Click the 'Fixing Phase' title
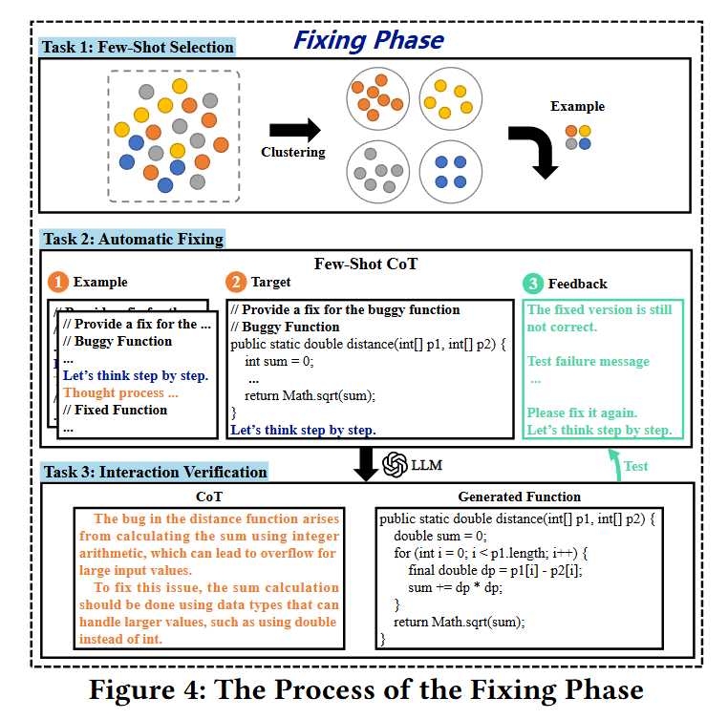[368, 40]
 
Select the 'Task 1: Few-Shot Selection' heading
[137, 47]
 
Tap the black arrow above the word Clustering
[294, 130]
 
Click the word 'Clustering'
[293, 152]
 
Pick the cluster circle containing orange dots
[377, 98]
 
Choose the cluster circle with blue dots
[449, 170]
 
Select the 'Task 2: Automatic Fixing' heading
[133, 240]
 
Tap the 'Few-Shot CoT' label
[366, 263]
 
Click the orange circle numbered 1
[59, 283]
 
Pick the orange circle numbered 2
[235, 283]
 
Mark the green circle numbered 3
[532, 284]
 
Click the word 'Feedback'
[577, 284]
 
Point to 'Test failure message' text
[588, 361]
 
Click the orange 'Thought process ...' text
[120, 392]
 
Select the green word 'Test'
[636, 466]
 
